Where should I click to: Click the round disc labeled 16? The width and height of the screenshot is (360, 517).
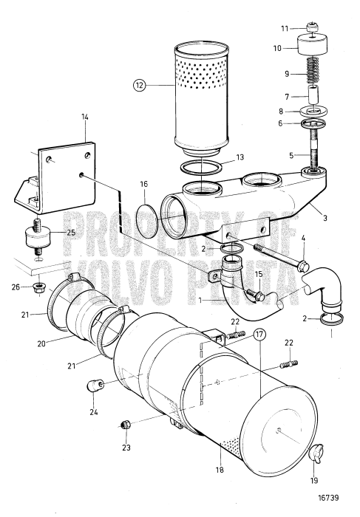coord(153,222)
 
